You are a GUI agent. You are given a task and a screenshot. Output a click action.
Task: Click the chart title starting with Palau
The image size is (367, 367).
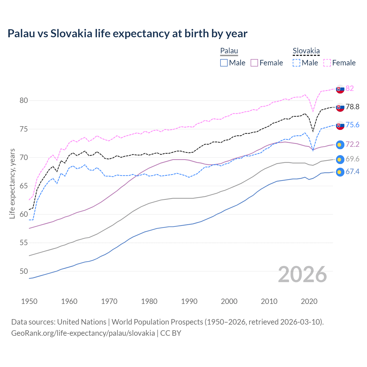tap(127, 34)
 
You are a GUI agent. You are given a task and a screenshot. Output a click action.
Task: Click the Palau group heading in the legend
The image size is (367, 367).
tap(229, 51)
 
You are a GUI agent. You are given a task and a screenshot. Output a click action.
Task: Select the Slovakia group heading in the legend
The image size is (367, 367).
tap(306, 51)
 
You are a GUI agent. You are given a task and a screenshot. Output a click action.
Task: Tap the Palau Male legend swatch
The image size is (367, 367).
tap(224, 63)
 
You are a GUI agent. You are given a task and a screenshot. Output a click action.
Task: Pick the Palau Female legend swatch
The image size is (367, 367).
tap(254, 63)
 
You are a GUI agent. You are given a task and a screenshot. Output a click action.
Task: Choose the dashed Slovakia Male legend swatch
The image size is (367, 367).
tap(296, 63)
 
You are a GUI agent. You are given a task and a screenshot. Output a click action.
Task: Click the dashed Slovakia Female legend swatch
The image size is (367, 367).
tap(327, 63)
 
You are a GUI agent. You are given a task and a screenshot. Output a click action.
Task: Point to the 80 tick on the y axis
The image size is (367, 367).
tap(24, 100)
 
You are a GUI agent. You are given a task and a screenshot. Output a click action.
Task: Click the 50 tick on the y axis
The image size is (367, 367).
tap(24, 271)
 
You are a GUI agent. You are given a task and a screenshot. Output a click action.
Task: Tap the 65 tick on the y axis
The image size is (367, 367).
tap(24, 186)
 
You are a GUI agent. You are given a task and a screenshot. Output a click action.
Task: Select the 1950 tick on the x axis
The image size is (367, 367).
tap(29, 301)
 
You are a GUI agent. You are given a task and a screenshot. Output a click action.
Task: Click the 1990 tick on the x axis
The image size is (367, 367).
tap(189, 301)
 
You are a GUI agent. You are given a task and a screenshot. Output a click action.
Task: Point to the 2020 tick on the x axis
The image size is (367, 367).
tap(309, 301)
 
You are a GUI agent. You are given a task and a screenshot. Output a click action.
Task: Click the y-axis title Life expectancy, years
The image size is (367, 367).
tap(12, 183)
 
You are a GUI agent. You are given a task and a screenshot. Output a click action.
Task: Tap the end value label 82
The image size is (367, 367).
tap(350, 88)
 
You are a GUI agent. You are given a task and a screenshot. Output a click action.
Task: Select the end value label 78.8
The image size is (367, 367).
tap(352, 107)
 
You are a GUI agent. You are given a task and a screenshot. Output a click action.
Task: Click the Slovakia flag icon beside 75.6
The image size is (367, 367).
tap(340, 125)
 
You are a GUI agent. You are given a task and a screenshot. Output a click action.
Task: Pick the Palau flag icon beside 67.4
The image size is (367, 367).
tap(340, 172)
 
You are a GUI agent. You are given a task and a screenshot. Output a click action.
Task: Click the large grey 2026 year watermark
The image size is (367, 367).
tap(302, 274)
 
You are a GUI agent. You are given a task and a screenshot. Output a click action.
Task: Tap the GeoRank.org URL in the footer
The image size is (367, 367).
tap(83, 333)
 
